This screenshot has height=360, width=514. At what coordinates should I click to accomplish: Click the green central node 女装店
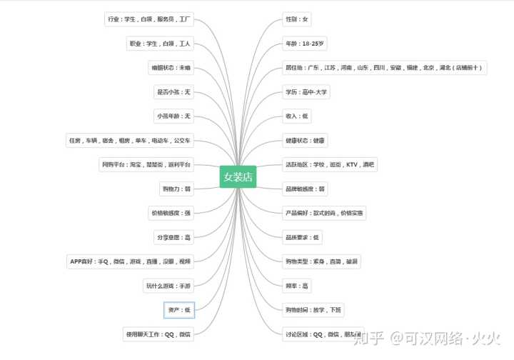tap(238, 176)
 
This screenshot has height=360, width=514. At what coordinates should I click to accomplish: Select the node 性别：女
tap(297, 19)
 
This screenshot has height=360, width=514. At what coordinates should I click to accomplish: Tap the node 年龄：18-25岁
tap(305, 44)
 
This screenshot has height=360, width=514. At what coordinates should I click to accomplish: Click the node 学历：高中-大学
tap(307, 92)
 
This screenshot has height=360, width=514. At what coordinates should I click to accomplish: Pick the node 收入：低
tap(297, 116)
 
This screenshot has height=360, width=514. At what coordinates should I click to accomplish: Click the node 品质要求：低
tap(303, 237)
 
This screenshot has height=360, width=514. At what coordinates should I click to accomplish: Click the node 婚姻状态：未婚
tap(171, 68)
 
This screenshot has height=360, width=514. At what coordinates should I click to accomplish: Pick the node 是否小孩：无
tap(173, 92)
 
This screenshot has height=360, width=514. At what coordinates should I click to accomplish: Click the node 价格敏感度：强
tap(171, 213)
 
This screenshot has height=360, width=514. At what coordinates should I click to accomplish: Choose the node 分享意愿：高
tap(173, 237)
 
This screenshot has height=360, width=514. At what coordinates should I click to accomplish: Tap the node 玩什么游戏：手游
tap(168, 286)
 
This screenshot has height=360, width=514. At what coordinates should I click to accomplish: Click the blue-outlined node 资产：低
tap(178, 310)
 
